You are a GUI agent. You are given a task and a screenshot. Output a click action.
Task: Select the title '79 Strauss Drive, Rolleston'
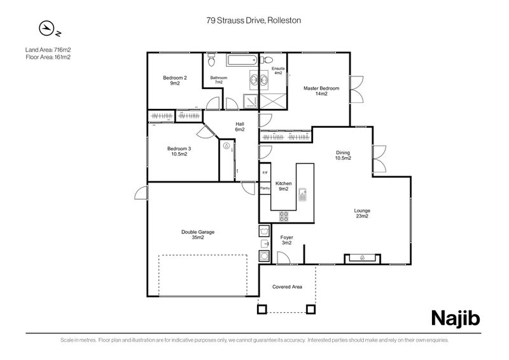(x=253, y=20)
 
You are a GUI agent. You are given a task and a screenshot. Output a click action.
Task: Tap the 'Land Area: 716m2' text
(x=48, y=49)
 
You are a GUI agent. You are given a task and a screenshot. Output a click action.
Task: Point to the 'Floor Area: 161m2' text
(x=48, y=57)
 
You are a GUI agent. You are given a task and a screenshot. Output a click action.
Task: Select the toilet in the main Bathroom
(x=212, y=60)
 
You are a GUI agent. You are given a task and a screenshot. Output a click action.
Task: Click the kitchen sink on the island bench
(x=303, y=193)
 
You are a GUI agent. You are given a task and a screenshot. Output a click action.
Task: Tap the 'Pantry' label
(x=265, y=188)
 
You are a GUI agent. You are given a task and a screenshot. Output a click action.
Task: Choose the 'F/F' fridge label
(x=265, y=173)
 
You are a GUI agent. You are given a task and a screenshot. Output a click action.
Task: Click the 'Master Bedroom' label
(x=321, y=91)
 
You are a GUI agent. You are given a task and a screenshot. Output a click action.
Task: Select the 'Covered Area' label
(x=287, y=287)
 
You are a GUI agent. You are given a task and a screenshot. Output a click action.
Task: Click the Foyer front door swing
(x=283, y=257)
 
